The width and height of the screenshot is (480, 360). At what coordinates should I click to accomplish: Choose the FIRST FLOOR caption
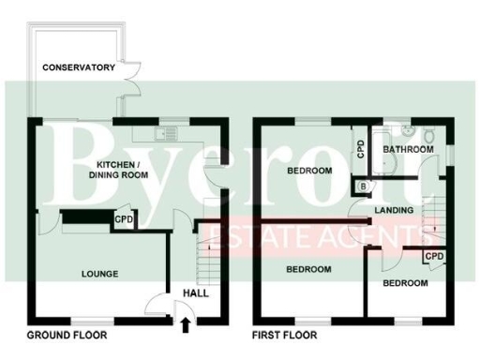(284, 335)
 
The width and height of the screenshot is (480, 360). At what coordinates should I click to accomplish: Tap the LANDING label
(394, 210)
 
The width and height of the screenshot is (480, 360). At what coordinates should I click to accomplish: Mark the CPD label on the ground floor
(124, 220)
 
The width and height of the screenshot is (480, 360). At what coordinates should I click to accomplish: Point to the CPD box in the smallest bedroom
(433, 256)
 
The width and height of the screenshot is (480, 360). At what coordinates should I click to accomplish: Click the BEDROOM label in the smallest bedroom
(405, 282)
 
